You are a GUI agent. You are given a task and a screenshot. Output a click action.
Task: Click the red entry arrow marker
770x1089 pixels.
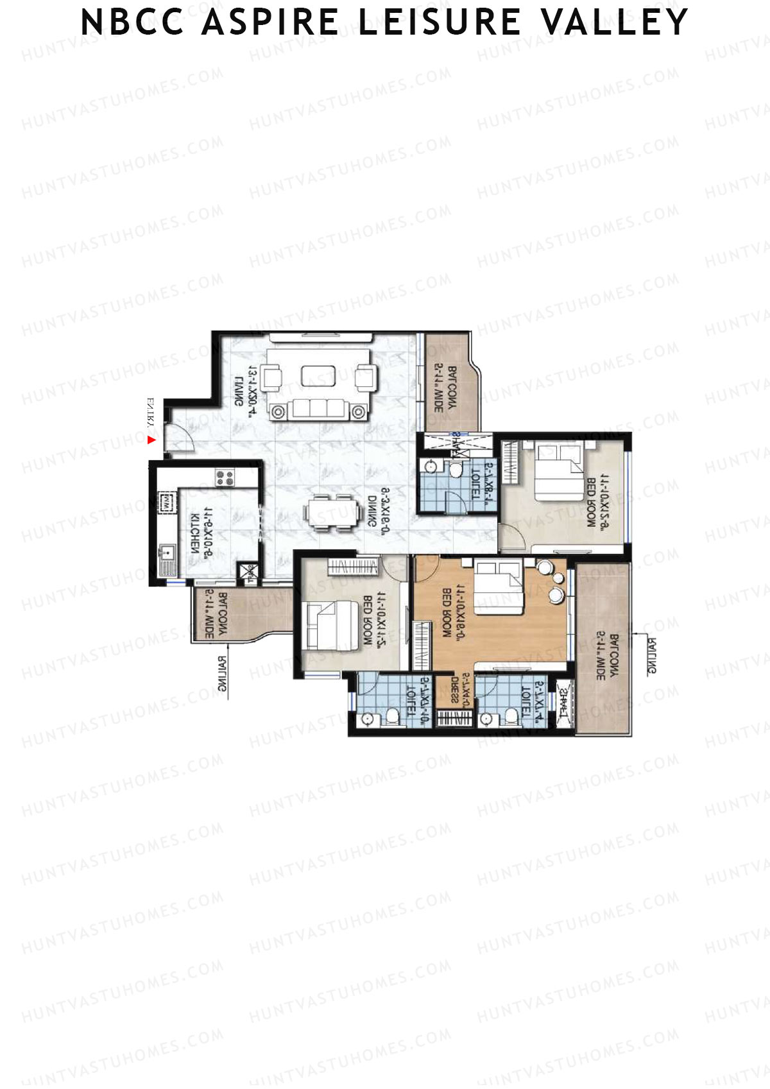[x=151, y=440]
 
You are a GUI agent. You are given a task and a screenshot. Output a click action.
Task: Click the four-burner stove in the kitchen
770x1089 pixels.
[x=225, y=477]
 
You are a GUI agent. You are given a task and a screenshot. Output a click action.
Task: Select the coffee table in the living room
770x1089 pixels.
[x=318, y=376]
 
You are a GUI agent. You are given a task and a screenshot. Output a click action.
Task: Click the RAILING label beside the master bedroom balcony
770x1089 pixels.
[x=651, y=656]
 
